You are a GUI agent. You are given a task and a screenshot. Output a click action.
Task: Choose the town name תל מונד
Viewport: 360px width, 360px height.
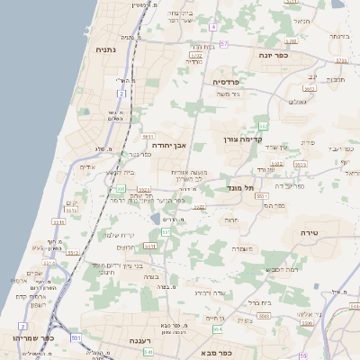(x=242, y=186)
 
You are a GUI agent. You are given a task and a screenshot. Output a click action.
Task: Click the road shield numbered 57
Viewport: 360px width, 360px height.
(x=224, y=43)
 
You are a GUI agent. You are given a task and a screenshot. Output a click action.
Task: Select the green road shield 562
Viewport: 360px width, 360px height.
(x=263, y=125)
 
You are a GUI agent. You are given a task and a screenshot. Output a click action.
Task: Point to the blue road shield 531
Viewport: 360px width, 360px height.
(x=76, y=337)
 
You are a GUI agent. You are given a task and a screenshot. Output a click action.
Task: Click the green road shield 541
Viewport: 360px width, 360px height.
(x=148, y=352)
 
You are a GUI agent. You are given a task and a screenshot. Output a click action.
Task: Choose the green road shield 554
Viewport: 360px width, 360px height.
(x=242, y=330)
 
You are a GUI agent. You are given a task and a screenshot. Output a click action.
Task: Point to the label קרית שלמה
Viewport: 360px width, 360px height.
(x=119, y=235)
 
